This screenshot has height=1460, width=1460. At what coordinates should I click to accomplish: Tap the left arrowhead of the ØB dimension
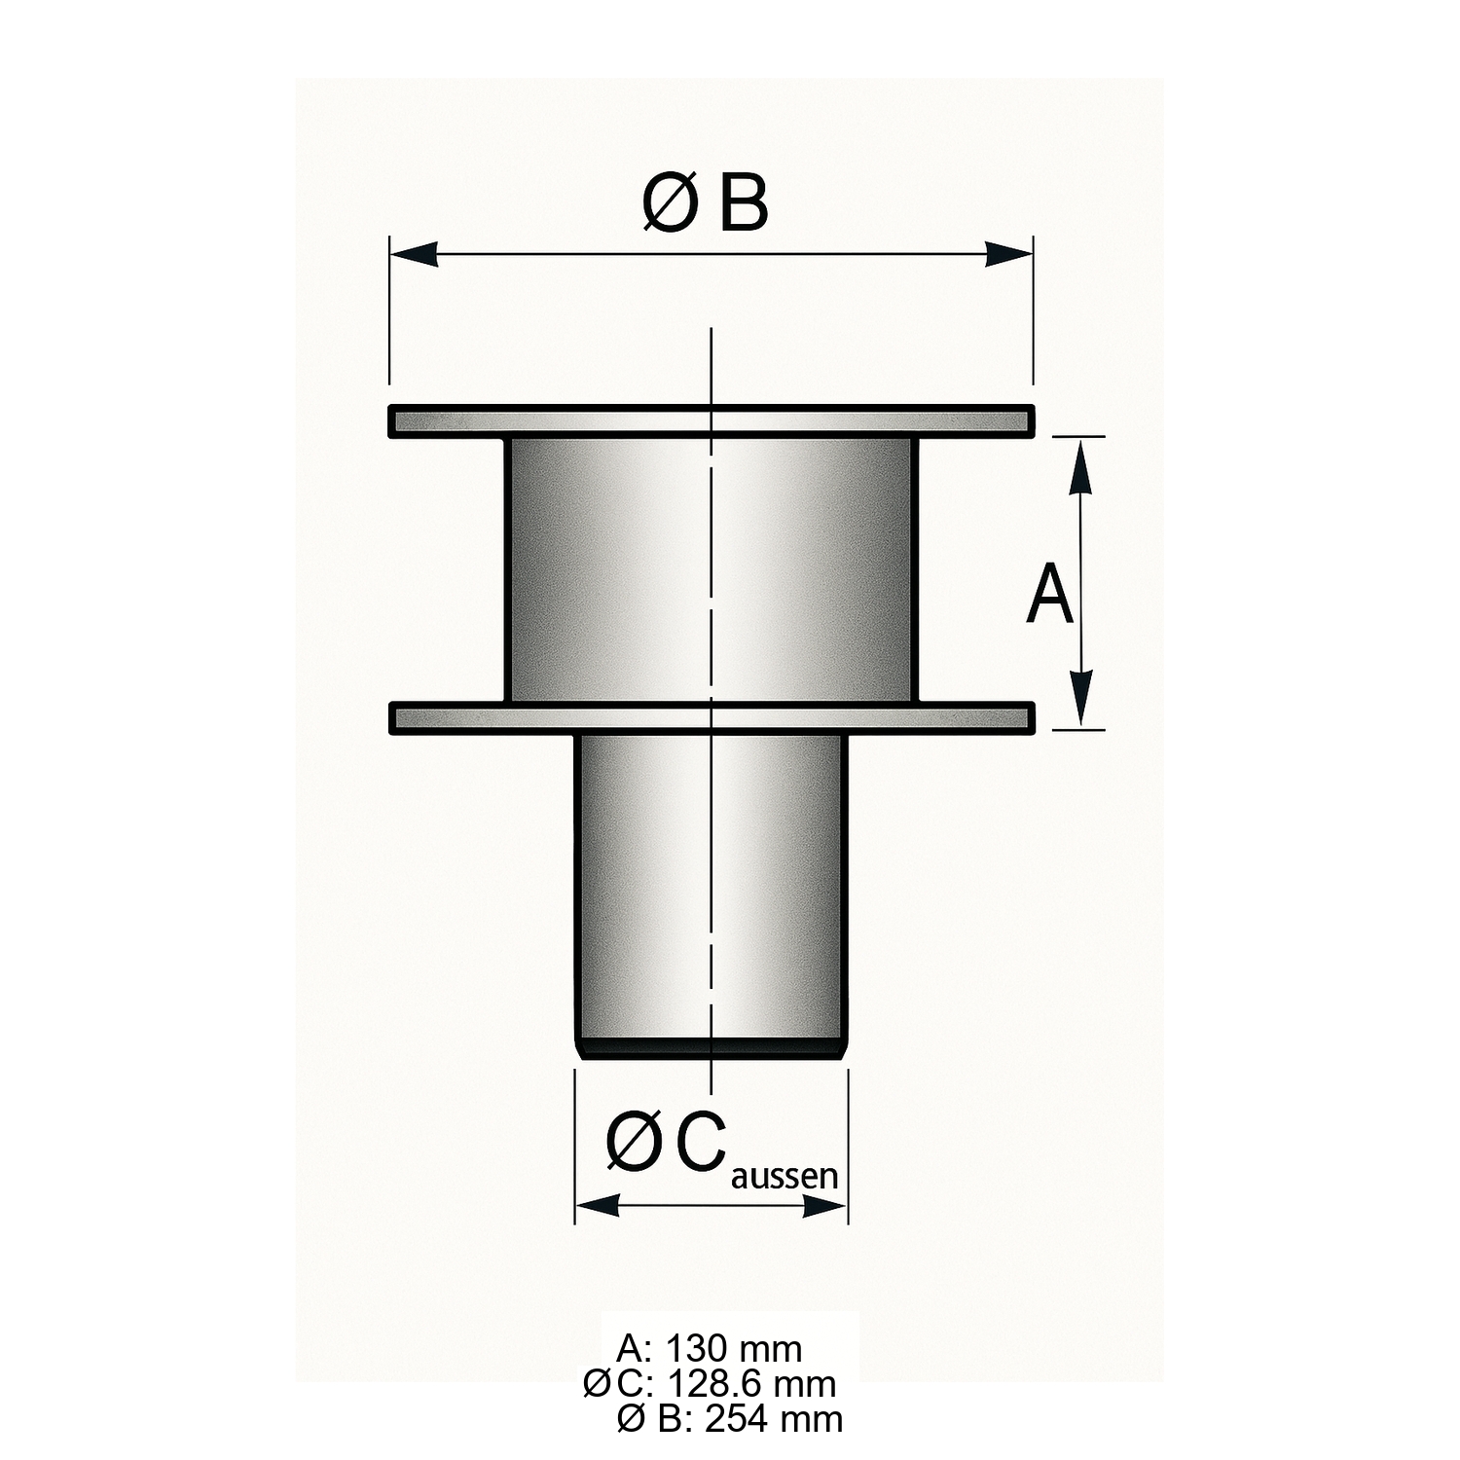tap(414, 254)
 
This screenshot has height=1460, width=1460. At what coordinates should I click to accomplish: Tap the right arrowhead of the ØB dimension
tap(1008, 254)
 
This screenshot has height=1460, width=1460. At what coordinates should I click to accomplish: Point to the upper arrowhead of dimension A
tap(1079, 467)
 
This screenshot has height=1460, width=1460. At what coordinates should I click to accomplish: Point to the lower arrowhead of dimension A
tap(1079, 697)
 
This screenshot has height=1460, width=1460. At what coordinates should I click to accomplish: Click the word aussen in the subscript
tap(784, 1177)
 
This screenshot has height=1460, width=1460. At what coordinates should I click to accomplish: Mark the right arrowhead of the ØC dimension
tap(825, 1207)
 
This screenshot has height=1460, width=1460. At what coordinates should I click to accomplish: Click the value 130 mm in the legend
tap(734, 1349)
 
